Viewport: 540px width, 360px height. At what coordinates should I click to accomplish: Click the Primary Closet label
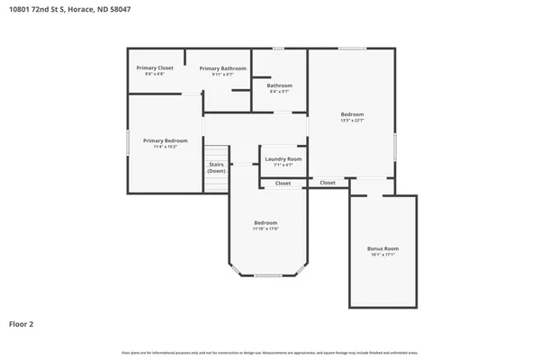pyautogui.click(x=155, y=67)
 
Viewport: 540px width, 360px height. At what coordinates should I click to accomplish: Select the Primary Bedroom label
pyautogui.click(x=165, y=140)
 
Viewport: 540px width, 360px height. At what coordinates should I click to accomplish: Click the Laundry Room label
pyautogui.click(x=283, y=158)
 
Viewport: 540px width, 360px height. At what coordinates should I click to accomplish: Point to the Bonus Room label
pyautogui.click(x=382, y=248)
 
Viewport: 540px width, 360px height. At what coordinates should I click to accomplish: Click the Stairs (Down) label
pyautogui.click(x=217, y=167)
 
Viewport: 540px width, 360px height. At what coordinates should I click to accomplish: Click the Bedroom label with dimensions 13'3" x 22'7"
pyautogui.click(x=352, y=114)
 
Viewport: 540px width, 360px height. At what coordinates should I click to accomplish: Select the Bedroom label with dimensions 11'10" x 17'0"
pyautogui.click(x=265, y=222)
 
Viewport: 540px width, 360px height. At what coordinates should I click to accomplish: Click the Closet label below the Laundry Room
pyautogui.click(x=283, y=183)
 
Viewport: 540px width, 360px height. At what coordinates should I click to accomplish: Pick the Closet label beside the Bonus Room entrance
pyautogui.click(x=328, y=183)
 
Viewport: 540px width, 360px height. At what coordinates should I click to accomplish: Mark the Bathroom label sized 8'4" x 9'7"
pyautogui.click(x=280, y=85)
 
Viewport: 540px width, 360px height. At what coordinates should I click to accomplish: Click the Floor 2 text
pyautogui.click(x=22, y=323)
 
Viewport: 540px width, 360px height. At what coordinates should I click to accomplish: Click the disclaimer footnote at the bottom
pyautogui.click(x=270, y=352)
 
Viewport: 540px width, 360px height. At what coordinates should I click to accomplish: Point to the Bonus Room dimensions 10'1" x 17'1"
pyautogui.click(x=382, y=255)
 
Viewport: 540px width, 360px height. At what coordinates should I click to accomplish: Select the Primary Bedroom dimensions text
pyautogui.click(x=165, y=147)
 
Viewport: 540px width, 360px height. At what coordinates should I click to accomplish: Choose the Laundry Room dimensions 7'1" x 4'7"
pyautogui.click(x=283, y=165)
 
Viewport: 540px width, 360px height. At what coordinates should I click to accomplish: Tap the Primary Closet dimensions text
pyautogui.click(x=155, y=74)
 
